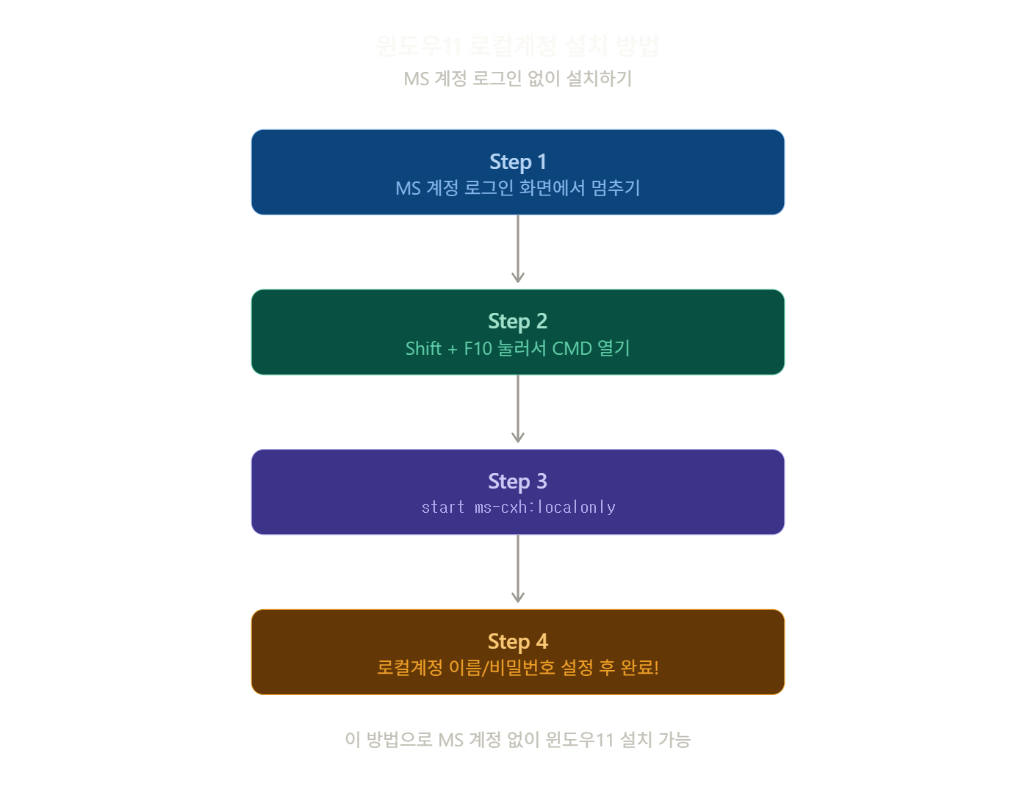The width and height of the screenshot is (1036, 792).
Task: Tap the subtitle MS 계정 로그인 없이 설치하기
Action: (517, 79)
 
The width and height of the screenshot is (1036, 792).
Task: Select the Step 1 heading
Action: (517, 162)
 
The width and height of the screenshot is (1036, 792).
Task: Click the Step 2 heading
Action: (517, 321)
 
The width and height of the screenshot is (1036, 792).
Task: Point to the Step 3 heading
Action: (517, 481)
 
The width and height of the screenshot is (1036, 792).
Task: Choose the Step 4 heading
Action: (517, 641)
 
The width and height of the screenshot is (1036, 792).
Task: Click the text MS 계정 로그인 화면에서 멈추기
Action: (517, 188)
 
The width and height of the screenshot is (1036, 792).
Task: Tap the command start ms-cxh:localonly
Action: (517, 507)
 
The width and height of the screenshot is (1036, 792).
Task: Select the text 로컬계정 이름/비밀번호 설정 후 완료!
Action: (517, 667)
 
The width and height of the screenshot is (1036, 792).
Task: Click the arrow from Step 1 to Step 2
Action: (517, 250)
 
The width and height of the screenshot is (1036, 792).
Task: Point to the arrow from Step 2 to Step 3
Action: (517, 410)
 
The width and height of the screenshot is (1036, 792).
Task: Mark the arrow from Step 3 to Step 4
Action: (517, 570)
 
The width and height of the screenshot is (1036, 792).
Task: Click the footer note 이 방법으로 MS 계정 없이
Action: (517, 739)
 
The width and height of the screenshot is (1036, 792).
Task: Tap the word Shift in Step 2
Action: (423, 348)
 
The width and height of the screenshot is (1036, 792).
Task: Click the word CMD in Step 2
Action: (572, 348)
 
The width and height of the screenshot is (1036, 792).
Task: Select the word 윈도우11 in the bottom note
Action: (579, 739)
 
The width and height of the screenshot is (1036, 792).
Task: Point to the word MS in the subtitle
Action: (416, 79)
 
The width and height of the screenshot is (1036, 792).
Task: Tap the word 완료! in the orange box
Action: (639, 667)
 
